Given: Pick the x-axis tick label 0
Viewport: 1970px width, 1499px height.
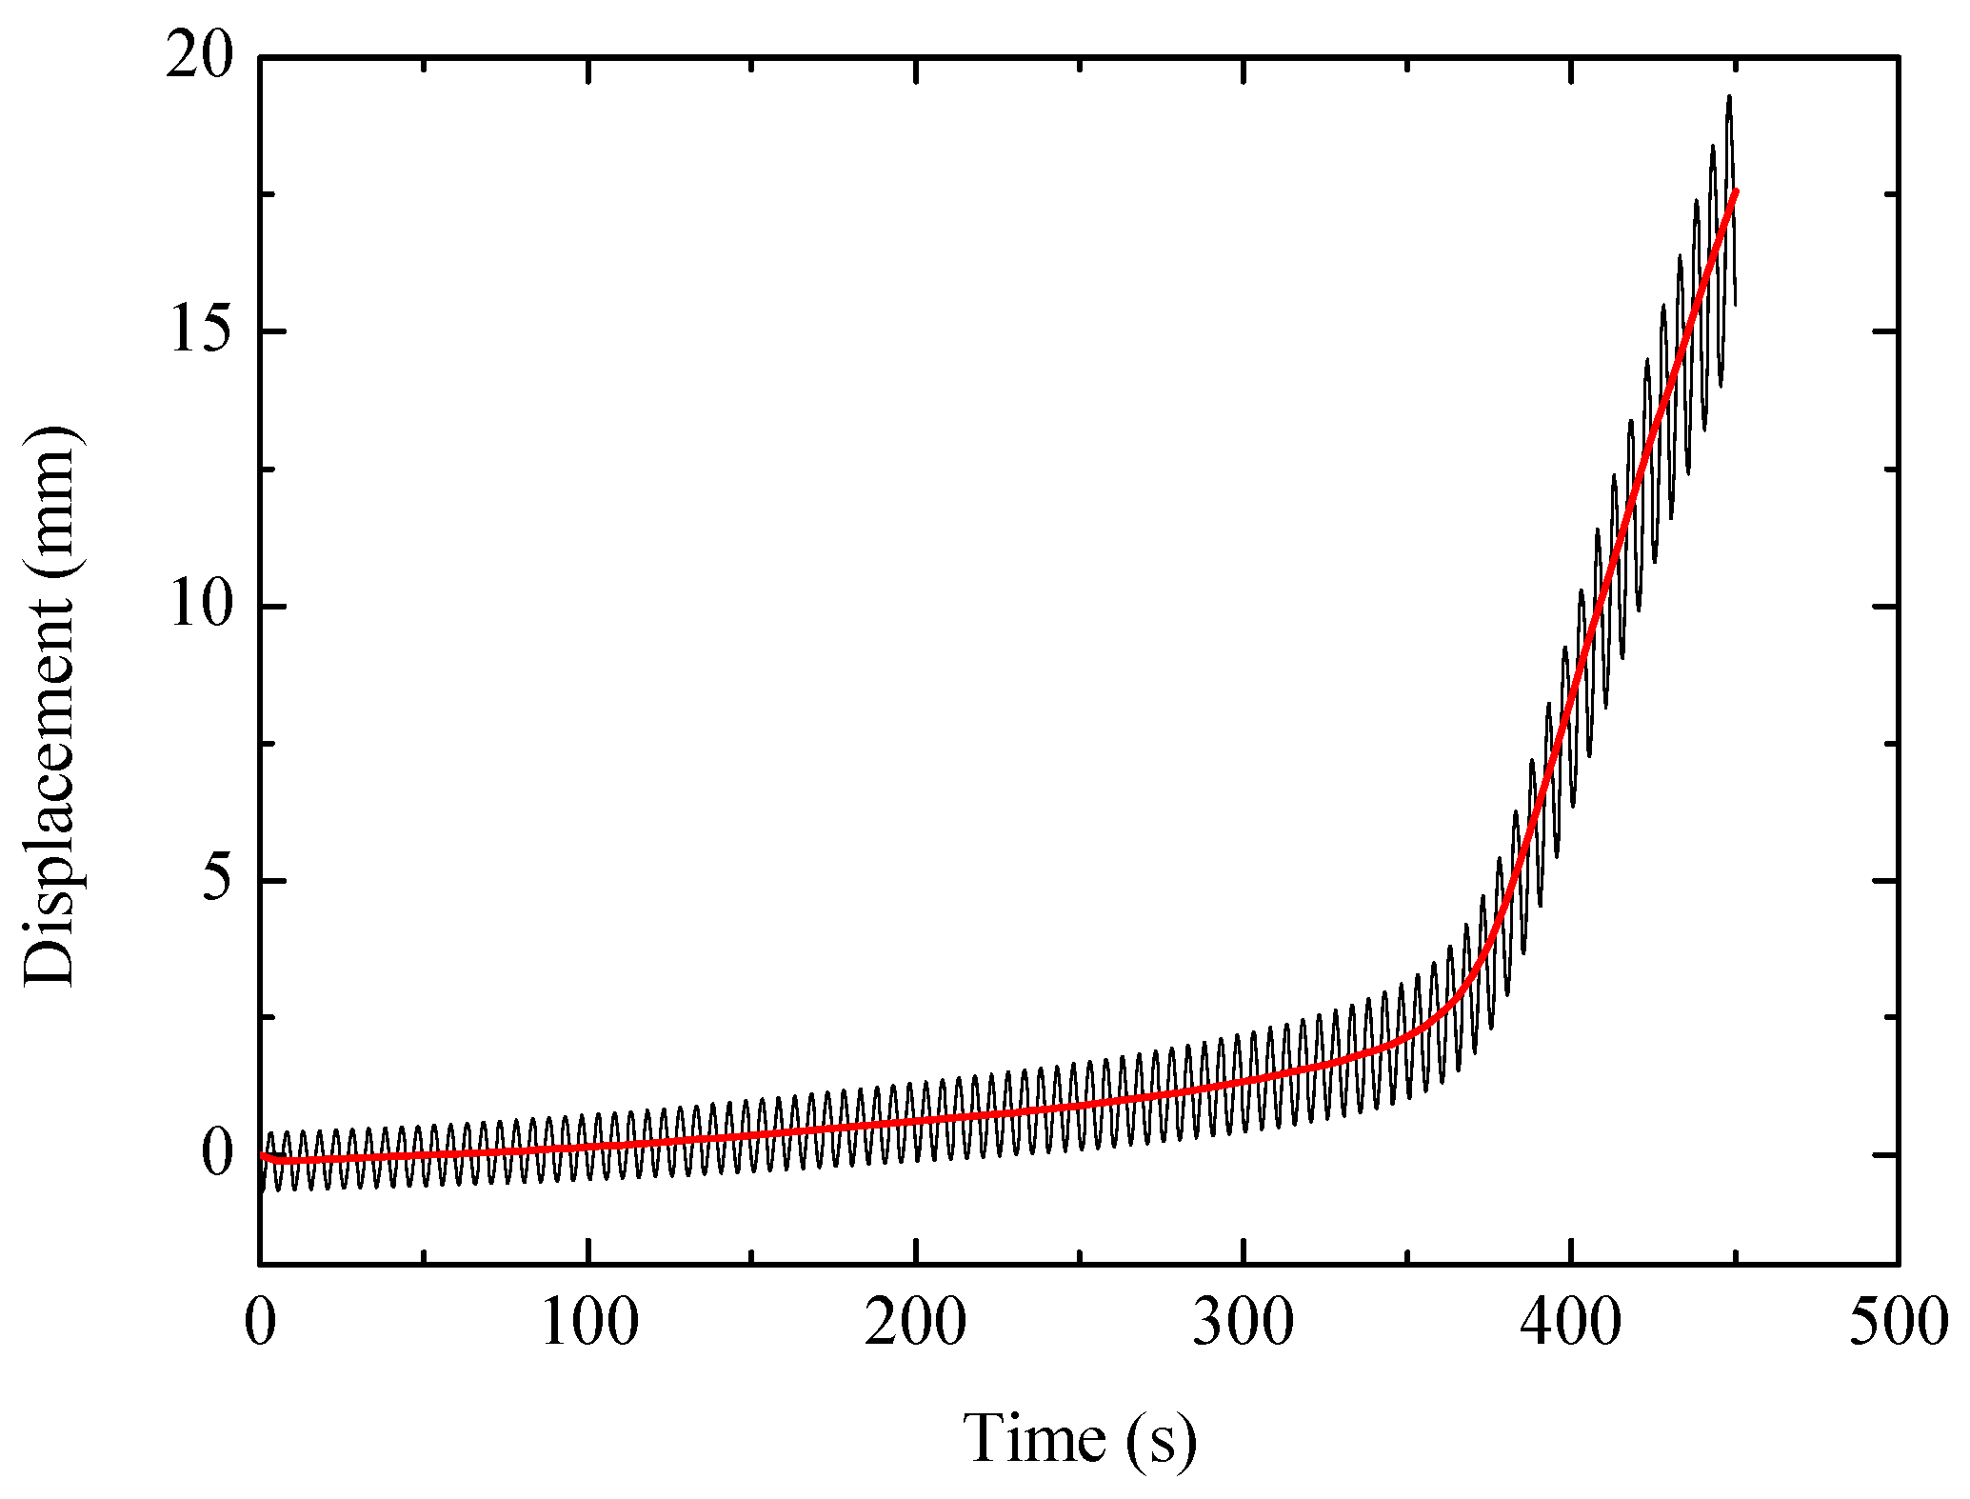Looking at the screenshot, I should tap(260, 1324).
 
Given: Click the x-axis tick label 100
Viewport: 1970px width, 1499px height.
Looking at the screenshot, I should tap(588, 1324).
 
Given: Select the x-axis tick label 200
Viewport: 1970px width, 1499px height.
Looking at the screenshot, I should tap(916, 1324).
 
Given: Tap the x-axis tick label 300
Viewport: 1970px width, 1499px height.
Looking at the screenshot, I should tap(1244, 1324).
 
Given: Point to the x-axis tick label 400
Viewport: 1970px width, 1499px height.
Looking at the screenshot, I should tap(1571, 1324).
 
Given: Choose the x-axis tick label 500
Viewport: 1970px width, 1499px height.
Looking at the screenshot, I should tap(1899, 1324).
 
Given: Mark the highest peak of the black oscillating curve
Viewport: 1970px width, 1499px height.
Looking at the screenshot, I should tap(1729, 97).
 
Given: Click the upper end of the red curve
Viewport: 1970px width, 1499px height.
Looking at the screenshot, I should tap(1736, 192).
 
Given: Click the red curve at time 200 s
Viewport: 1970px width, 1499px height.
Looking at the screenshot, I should tap(916, 1121).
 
